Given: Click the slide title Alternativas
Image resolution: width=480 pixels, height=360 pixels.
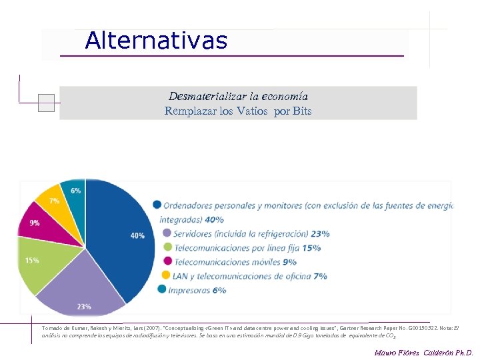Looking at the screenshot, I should pos(156,41).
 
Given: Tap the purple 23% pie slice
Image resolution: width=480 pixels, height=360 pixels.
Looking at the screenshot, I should pos(87,287).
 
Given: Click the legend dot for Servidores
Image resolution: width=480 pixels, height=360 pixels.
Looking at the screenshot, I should pos(167,233).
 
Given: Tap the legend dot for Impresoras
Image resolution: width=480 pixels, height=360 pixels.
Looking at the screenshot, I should pos(162,289).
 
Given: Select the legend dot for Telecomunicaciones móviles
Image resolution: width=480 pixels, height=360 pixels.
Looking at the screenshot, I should pos(167,261).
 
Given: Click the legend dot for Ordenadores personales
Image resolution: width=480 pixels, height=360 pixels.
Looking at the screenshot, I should pos(157,205).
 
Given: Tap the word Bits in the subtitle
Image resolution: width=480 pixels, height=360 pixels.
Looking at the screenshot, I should pos(302,111).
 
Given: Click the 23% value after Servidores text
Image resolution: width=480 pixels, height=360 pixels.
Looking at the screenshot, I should pos(320,234).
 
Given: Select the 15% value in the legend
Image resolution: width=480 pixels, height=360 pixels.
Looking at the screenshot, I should pos(311,248).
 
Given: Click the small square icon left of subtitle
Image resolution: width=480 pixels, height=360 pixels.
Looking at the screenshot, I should pos(46,103).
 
